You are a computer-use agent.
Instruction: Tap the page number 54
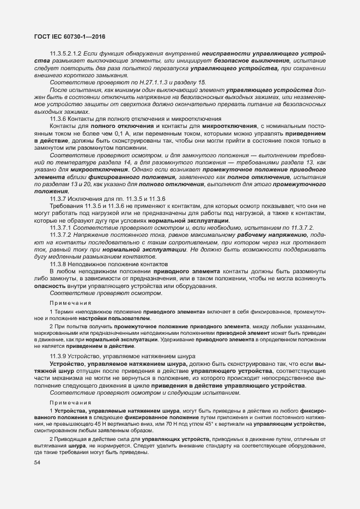coord(38,463)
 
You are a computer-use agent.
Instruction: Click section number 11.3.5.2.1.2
coord(65,55)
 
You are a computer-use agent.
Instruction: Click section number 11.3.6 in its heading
coord(58,119)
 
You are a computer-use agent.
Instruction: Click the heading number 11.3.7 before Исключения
coord(58,197)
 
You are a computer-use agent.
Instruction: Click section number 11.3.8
coord(58,263)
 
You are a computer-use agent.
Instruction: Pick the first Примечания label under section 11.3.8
coord(70,302)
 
